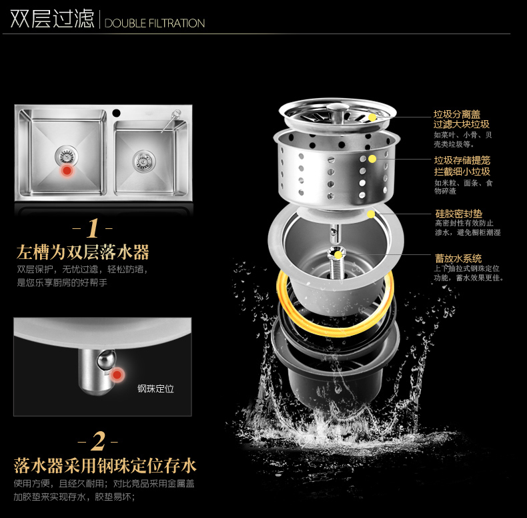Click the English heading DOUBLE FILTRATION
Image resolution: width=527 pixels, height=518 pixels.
click(155, 23)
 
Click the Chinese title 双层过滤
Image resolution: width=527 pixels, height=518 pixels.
click(52, 19)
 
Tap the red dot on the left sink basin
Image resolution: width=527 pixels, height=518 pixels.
click(67, 170)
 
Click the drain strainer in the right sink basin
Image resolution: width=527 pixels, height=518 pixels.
click(144, 161)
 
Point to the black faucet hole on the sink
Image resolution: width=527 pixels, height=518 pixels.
click(116, 113)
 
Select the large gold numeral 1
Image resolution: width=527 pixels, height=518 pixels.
click(93, 228)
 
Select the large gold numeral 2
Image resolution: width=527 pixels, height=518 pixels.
click(98, 441)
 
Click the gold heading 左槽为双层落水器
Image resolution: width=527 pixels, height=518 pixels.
click(83, 252)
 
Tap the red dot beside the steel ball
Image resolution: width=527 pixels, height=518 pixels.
click(117, 374)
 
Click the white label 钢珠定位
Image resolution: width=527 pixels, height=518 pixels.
click(155, 389)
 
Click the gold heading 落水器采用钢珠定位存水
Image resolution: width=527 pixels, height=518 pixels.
click(105, 465)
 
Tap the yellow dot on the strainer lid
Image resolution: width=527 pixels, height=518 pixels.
click(372, 117)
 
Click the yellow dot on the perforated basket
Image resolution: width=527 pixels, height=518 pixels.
click(372, 159)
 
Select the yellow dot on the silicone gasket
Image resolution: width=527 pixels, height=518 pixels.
click(371, 214)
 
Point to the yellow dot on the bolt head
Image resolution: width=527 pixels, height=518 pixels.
click(338, 254)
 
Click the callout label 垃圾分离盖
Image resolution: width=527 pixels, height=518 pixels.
click(457, 114)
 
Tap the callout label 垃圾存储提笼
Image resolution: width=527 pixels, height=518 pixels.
click(462, 160)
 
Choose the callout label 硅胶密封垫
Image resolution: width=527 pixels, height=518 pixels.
click(459, 214)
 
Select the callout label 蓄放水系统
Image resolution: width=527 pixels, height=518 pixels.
click(458, 258)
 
